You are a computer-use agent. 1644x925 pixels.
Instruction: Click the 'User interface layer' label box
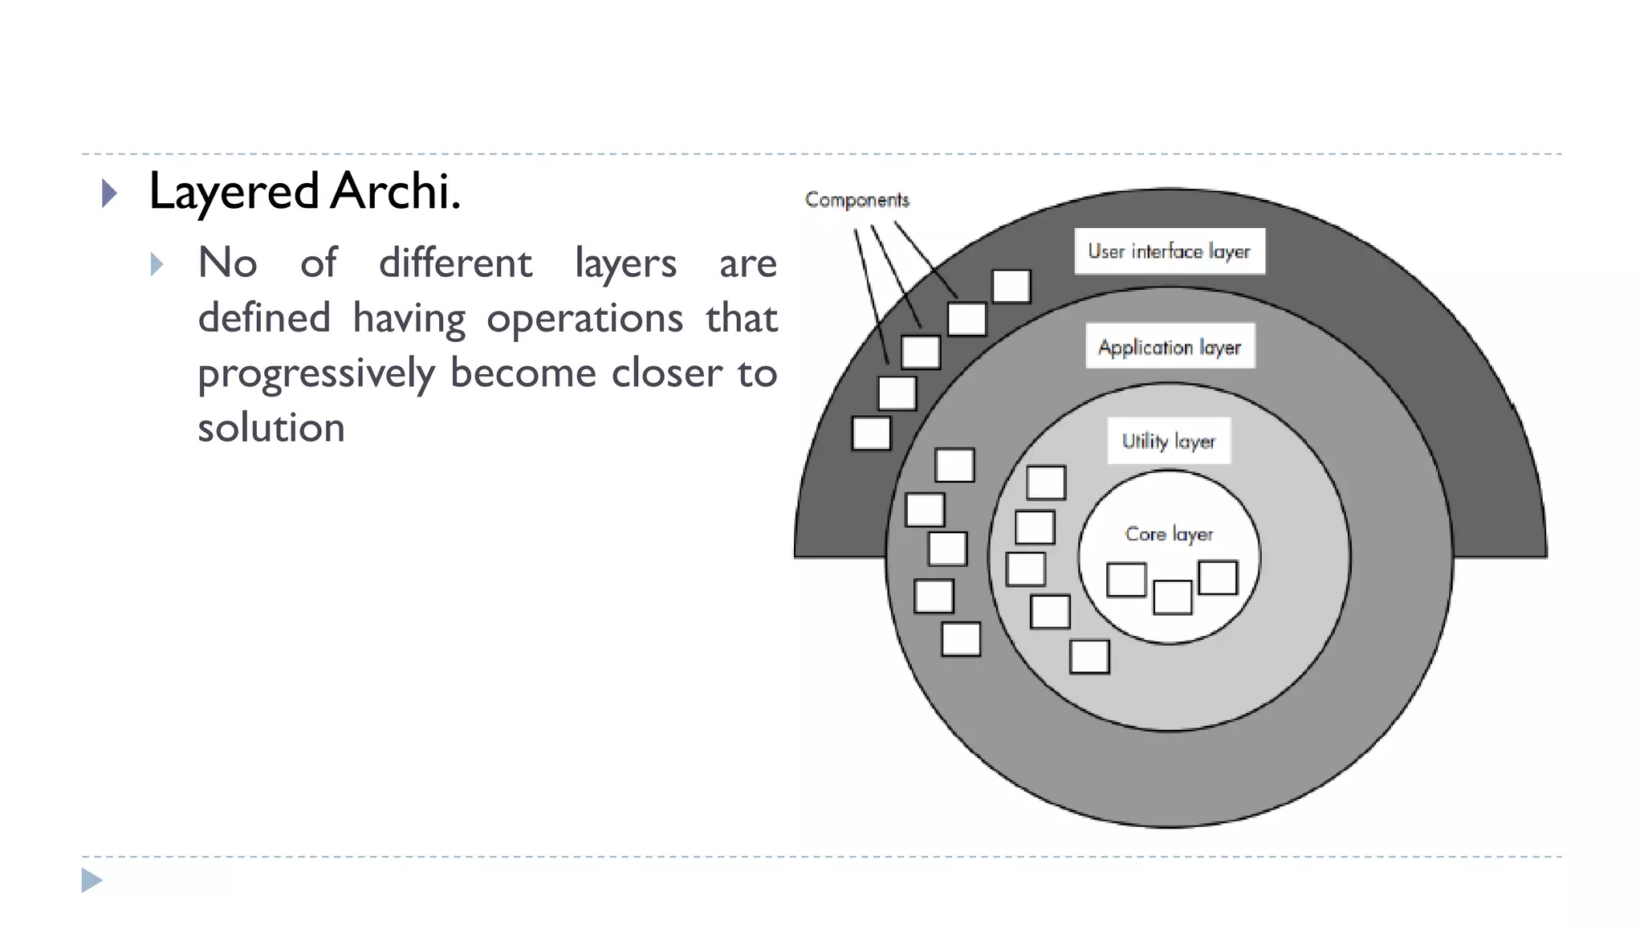(x=1170, y=251)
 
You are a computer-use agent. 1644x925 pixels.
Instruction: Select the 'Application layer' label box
(x=1170, y=346)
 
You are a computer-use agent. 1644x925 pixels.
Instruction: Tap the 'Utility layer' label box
(x=1169, y=441)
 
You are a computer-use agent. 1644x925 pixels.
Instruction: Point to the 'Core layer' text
(x=1169, y=534)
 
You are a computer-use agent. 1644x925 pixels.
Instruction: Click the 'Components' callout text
(x=857, y=200)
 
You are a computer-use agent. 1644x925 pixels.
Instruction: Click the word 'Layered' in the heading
(x=234, y=193)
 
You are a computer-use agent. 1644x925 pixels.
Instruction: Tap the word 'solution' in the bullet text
(x=271, y=428)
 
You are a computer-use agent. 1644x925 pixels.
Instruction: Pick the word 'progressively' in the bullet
(x=316, y=374)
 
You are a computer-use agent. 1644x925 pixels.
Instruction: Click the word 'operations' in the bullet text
(x=584, y=319)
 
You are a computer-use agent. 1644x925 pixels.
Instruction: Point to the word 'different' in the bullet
(x=455, y=263)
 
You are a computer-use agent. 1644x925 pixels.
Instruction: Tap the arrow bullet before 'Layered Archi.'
(x=110, y=194)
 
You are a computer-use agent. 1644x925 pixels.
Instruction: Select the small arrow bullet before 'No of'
(x=157, y=264)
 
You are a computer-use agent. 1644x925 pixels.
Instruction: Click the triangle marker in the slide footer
(x=92, y=881)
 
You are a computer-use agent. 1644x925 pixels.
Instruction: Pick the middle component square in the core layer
(x=1172, y=597)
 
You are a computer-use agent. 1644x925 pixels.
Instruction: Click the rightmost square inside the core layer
(x=1218, y=578)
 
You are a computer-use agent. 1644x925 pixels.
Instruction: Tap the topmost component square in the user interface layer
(x=1011, y=287)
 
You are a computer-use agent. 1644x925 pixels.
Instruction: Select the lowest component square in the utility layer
(x=1089, y=657)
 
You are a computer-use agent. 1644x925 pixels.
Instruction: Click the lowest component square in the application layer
(x=961, y=639)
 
